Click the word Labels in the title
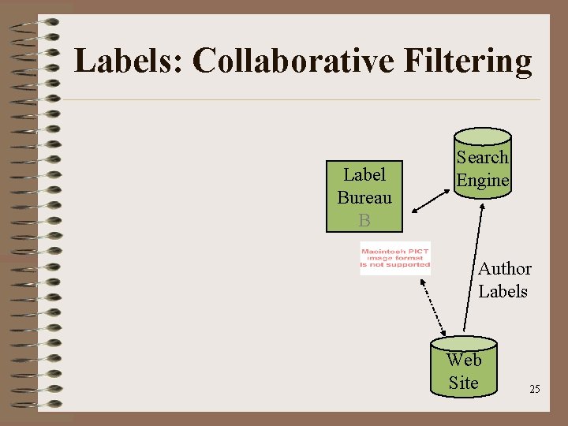click(127, 61)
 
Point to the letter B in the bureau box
click(364, 220)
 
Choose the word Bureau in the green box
click(364, 197)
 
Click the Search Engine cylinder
click(482, 166)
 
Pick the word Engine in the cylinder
click(483, 180)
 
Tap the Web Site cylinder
click(463, 368)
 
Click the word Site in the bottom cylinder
click(463, 383)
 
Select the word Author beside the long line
click(505, 269)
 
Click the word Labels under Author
click(503, 291)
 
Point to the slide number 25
click(535, 390)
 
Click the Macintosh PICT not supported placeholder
click(395, 258)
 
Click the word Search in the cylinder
click(483, 157)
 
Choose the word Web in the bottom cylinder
click(464, 361)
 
